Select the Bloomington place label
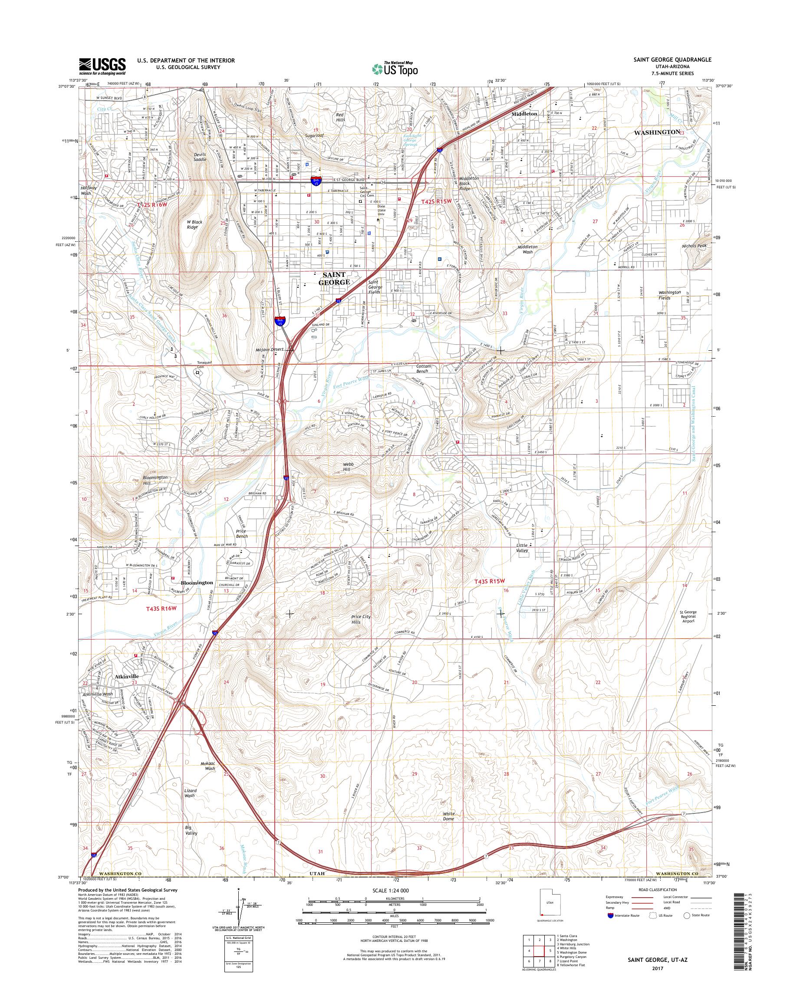click(x=197, y=583)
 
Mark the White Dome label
click(x=449, y=816)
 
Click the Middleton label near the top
click(x=524, y=113)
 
